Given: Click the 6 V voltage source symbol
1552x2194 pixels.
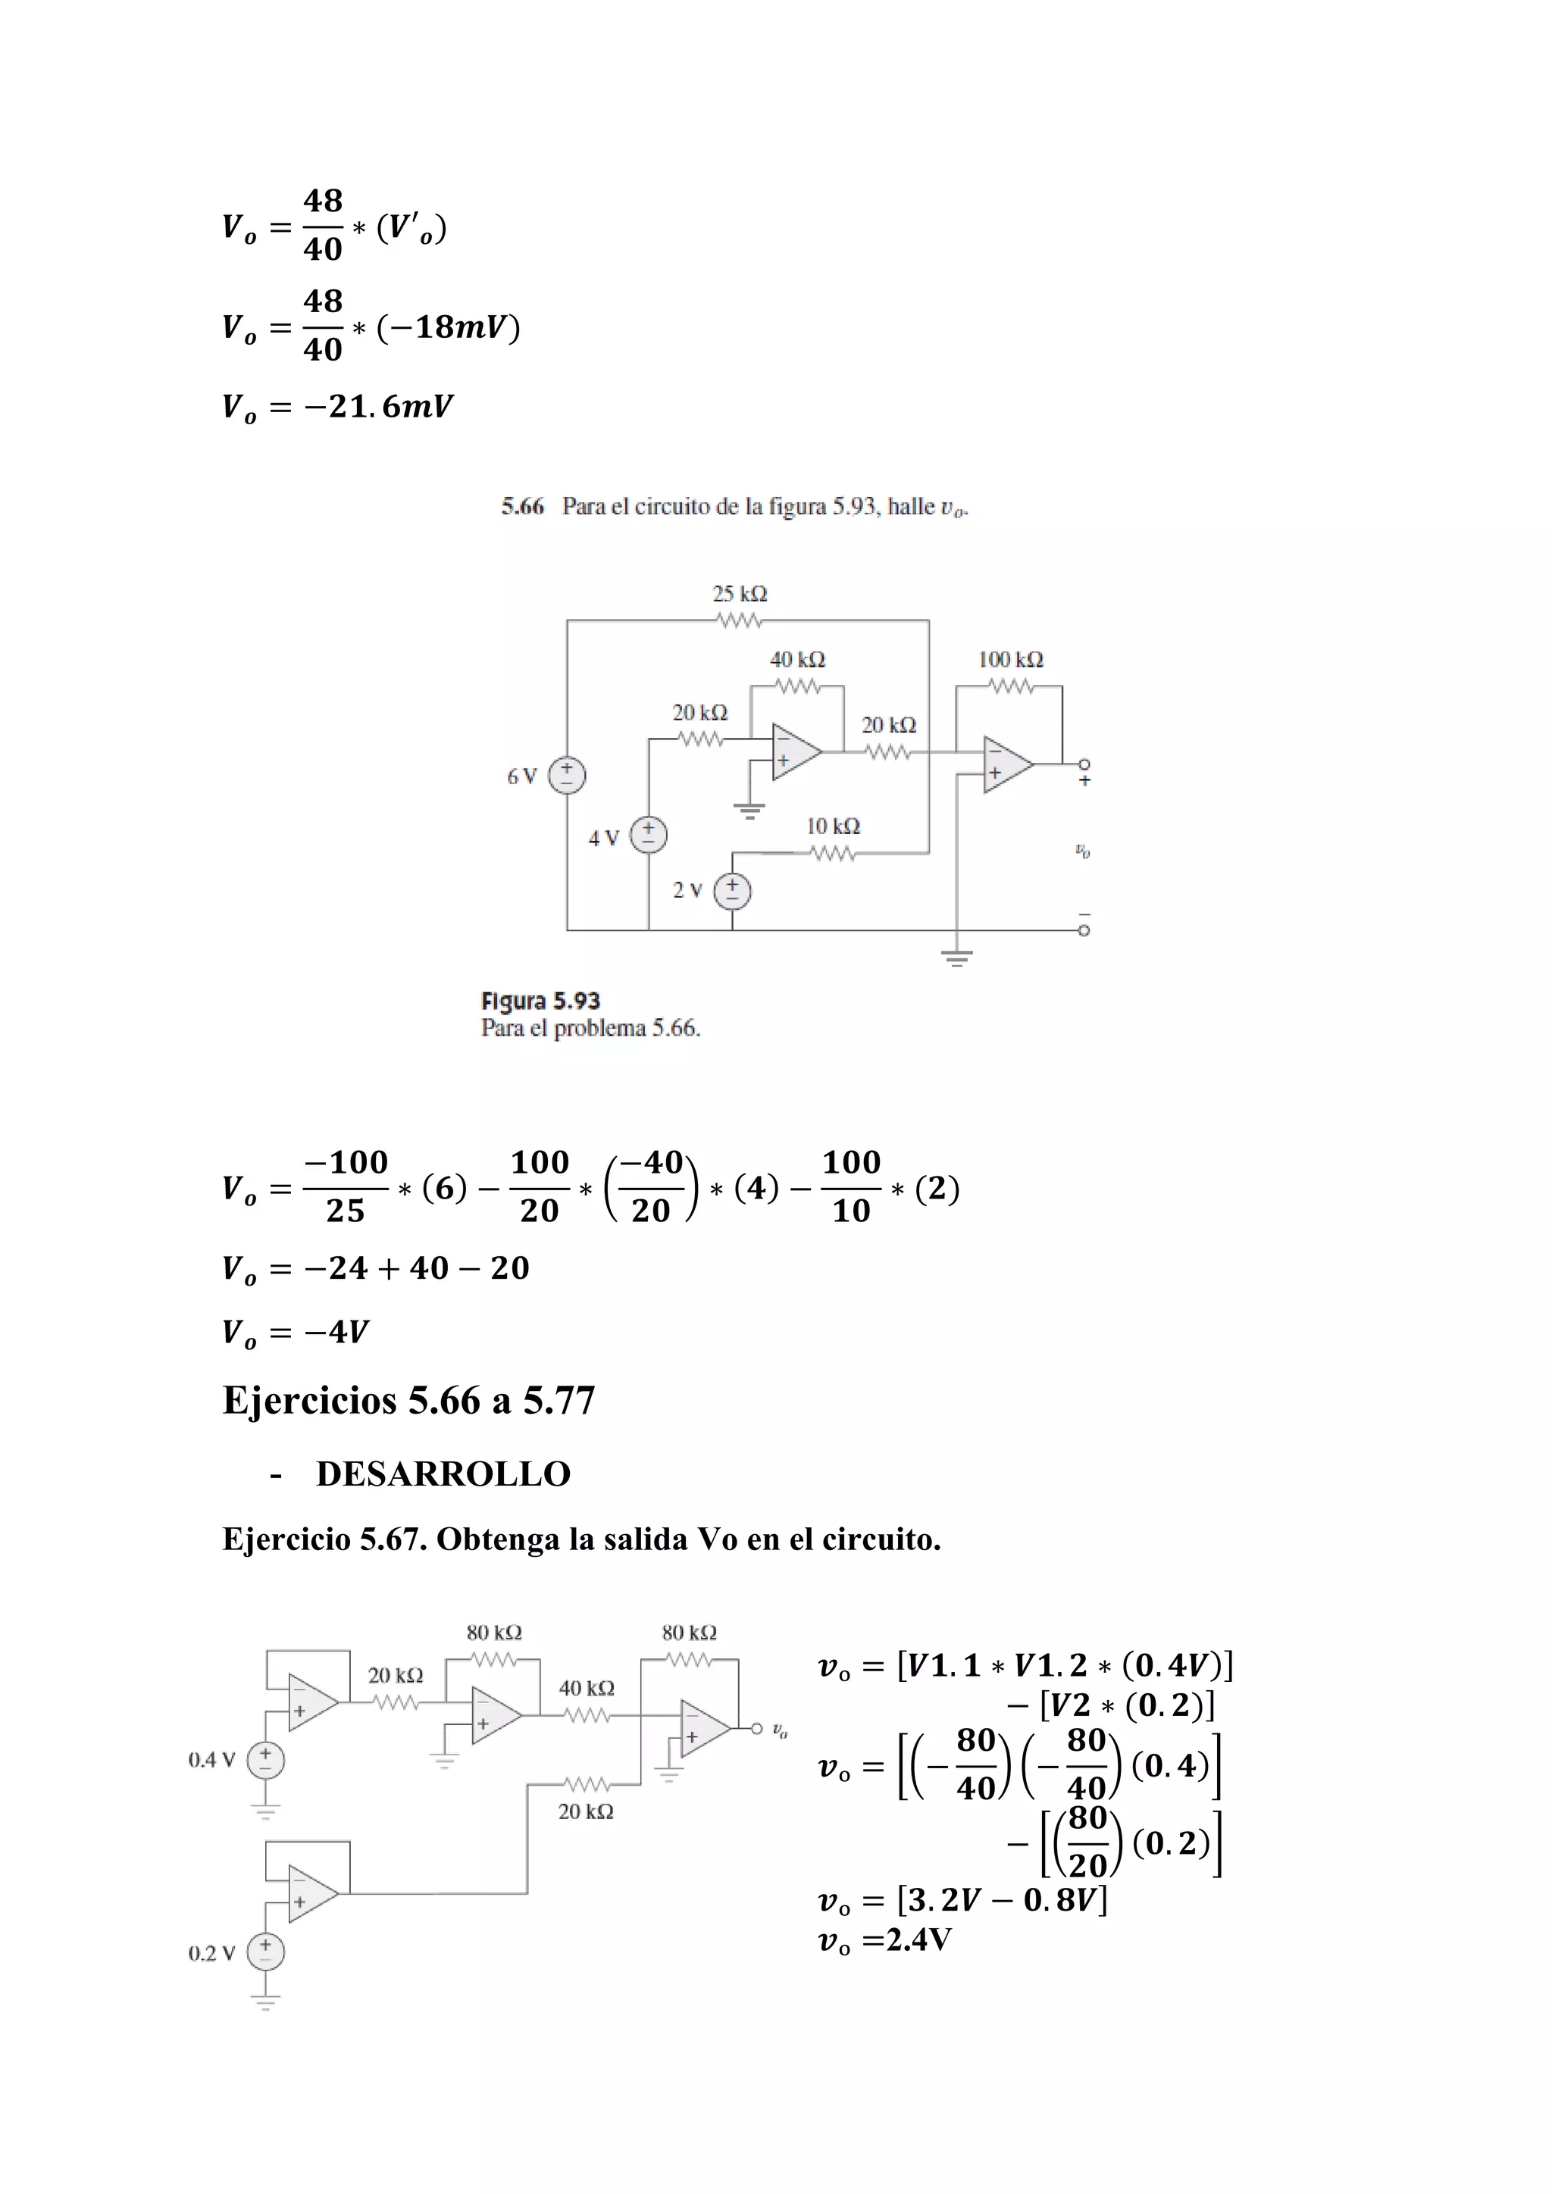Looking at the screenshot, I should [567, 775].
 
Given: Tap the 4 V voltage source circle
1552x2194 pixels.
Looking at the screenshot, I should [649, 834].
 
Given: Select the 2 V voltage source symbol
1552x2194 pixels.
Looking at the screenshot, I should [733, 891].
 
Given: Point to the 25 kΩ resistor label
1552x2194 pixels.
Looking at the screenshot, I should [740, 593].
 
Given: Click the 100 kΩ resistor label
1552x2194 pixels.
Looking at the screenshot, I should [1010, 659].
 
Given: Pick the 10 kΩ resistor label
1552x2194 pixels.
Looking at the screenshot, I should [834, 827].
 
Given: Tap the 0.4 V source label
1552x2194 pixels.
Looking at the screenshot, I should [211, 1759].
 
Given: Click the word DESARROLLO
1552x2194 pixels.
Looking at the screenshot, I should [443, 1474].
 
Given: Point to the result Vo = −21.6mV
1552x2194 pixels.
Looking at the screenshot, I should [337, 407].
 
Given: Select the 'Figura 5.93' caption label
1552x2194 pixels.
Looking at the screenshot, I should [540, 1001].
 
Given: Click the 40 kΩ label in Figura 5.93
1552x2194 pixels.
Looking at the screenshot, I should [797, 659].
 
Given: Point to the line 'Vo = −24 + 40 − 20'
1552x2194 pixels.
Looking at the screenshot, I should [376, 1268].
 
